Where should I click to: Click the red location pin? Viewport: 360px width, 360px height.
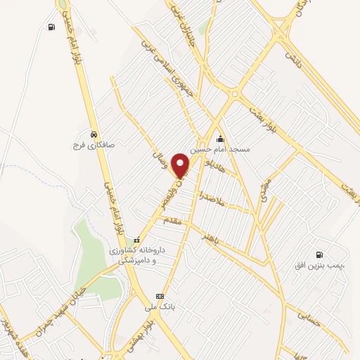coord(181,165)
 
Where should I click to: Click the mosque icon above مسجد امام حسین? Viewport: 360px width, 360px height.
coord(221,138)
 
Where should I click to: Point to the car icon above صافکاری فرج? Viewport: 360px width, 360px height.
coord(94,133)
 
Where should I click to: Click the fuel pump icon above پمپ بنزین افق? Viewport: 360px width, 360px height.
coord(321,255)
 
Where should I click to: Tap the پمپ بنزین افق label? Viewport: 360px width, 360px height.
coord(321,266)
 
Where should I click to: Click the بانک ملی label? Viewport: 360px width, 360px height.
coord(160,307)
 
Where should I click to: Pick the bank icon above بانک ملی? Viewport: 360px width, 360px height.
coord(160,296)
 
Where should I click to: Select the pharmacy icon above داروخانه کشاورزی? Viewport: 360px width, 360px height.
coord(138,238)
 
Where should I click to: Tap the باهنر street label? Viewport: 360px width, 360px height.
coord(212,237)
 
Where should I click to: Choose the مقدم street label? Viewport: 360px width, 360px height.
coord(172,221)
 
